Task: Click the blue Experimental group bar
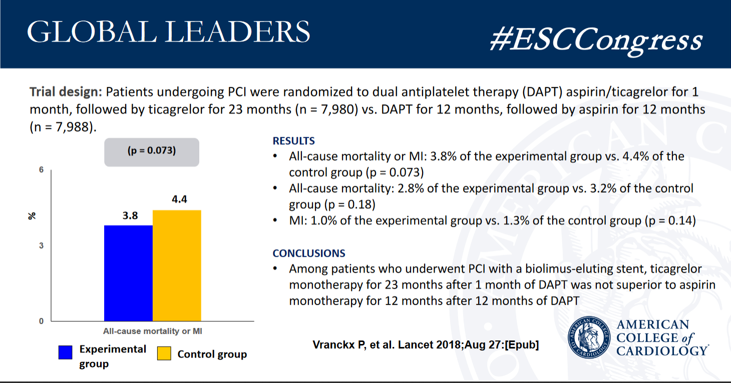click(x=128, y=273)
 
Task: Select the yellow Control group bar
click(x=177, y=265)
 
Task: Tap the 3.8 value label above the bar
click(x=130, y=216)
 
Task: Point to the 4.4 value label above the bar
click(x=179, y=200)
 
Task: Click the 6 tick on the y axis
click(x=42, y=170)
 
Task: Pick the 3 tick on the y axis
click(x=42, y=245)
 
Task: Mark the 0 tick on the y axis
click(x=42, y=321)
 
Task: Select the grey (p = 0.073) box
click(x=151, y=152)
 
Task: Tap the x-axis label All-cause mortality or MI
click(x=152, y=331)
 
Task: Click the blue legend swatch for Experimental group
click(x=66, y=352)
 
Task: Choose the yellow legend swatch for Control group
click(x=165, y=353)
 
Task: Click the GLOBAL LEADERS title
click(x=168, y=33)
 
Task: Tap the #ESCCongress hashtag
click(x=595, y=40)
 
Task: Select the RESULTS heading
click(x=294, y=141)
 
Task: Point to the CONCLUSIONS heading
click(x=309, y=253)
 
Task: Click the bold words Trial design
click(x=66, y=92)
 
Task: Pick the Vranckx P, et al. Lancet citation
click(x=426, y=345)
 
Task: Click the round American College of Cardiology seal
click(x=590, y=337)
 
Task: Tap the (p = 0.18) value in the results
click(x=348, y=204)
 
